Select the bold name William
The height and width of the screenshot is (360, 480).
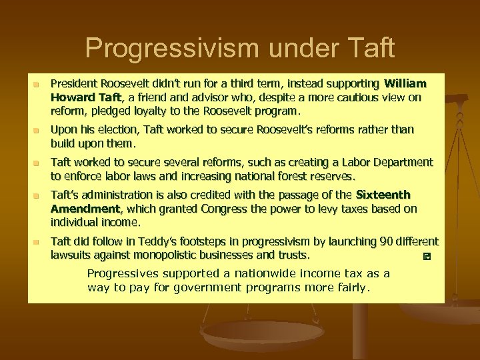coord(403,84)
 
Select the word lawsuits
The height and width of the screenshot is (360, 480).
coord(72,254)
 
